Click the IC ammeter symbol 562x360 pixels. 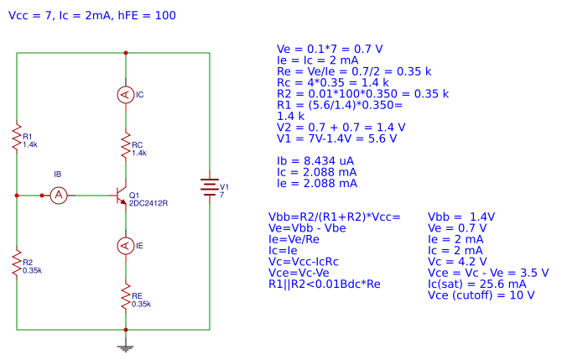pyautogui.click(x=125, y=96)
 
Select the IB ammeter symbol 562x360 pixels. pyautogui.click(x=58, y=195)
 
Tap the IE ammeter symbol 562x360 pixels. pyautogui.click(x=125, y=245)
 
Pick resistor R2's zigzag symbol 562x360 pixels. pyautogui.click(x=16, y=263)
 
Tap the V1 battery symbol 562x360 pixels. pyautogui.click(x=208, y=189)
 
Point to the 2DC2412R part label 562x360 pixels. pyautogui.click(x=148, y=203)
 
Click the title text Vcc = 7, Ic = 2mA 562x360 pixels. pyautogui.click(x=91, y=16)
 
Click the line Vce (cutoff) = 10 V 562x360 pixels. pyautogui.click(x=481, y=295)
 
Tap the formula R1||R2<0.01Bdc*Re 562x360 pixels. pyautogui.click(x=330, y=284)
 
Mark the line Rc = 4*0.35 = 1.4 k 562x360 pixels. pyautogui.click(x=332, y=82)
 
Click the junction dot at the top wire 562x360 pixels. pyautogui.click(x=125, y=52)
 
